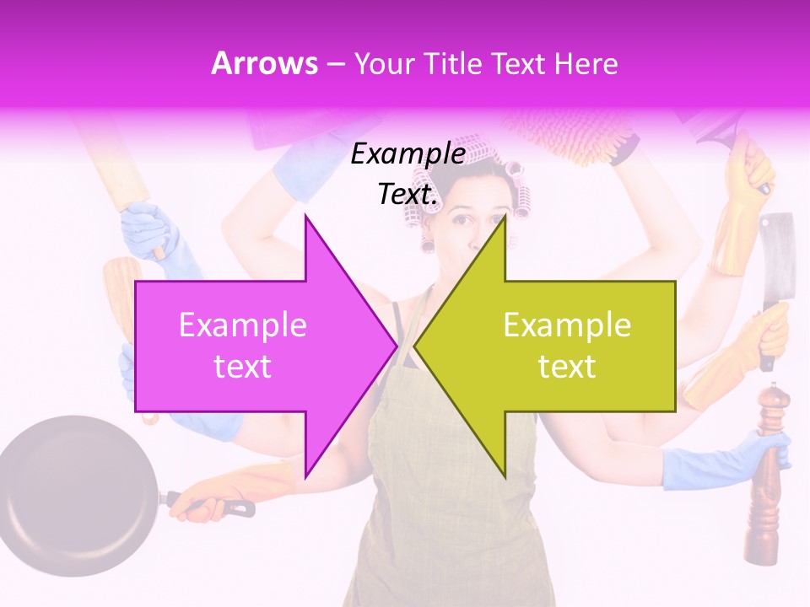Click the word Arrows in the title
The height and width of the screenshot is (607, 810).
coord(264,63)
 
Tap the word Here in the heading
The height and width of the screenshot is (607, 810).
coord(585,63)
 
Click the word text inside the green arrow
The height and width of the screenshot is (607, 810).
coord(567,367)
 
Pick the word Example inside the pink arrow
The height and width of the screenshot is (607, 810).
coord(242,325)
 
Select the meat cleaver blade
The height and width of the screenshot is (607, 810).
coord(775,253)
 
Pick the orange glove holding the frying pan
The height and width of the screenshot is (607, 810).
coord(253,489)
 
